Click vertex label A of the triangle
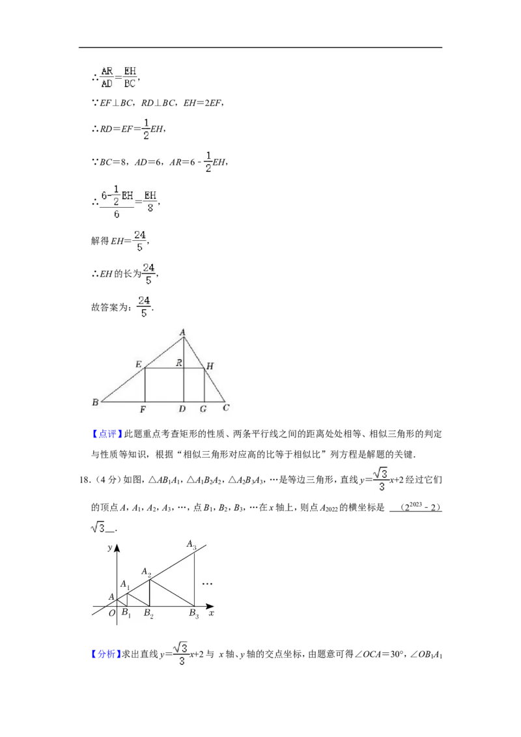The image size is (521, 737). coord(182,332)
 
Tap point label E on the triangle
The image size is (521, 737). coord(138,365)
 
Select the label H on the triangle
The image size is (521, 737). coord(210,366)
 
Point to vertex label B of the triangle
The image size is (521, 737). coord(96,402)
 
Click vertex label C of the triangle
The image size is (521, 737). coord(226,408)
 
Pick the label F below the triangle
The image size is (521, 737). coord(143,410)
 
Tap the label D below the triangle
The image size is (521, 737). coord(182,410)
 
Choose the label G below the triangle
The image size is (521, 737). coord(203,410)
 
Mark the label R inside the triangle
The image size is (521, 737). coord(178,363)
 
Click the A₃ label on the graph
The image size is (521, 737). coord(191,544)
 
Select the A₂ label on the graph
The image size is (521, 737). coord(147,572)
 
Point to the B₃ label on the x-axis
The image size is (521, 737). coord(194,613)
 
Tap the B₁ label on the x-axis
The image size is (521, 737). coord(126,613)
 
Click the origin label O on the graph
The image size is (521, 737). coord(112,613)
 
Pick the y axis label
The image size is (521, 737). coord(110,548)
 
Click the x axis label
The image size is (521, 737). coord(212,613)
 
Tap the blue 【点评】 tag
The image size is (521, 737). coord(107,434)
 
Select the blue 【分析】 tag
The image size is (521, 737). coord(106,654)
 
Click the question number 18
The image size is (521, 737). coord(85,480)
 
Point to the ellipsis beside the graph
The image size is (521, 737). coord(207,584)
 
